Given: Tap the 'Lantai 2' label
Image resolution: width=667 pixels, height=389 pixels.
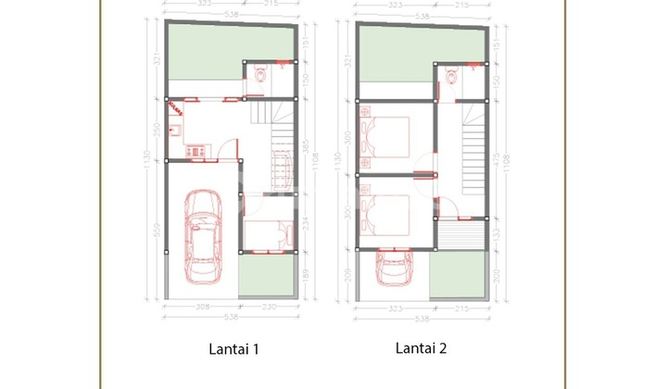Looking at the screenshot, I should [422, 349].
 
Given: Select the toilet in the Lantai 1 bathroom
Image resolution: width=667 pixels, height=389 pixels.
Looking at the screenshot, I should [259, 81].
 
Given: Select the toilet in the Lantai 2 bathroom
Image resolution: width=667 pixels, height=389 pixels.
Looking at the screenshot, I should [451, 81].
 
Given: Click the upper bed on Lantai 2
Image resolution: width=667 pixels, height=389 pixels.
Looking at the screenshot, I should [387, 136].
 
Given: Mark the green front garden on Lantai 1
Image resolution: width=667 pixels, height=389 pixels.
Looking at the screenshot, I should [267, 276].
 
